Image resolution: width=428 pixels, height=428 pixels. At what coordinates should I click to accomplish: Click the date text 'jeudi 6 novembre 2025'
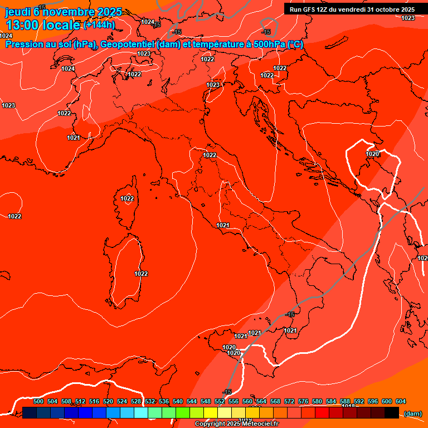click(64, 12)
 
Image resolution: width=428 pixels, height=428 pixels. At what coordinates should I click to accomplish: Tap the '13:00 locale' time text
click(43, 25)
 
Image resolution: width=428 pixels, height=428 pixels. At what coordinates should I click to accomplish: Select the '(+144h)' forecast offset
click(99, 25)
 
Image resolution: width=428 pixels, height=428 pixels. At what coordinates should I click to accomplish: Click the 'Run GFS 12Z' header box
click(352, 9)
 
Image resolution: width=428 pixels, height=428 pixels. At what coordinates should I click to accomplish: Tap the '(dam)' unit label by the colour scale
click(412, 413)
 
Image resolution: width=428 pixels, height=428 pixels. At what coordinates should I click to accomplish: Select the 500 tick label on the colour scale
click(38, 401)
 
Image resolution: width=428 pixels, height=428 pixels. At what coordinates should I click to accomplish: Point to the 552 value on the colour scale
click(220, 401)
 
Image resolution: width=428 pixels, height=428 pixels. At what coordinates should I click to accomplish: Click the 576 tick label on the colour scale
click(303, 401)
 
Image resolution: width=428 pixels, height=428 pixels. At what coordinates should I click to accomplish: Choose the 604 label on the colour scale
click(401, 401)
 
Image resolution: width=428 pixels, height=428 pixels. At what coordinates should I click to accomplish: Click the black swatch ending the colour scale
click(391, 412)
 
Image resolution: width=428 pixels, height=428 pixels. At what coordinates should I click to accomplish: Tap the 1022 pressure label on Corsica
click(127, 198)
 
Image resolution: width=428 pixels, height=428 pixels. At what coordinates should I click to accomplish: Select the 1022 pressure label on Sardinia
click(141, 274)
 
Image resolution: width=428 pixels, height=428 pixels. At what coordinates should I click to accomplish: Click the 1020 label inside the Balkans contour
click(372, 154)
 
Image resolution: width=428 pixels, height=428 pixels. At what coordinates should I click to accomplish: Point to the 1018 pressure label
click(348, 406)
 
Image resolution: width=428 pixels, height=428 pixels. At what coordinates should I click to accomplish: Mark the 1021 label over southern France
click(73, 138)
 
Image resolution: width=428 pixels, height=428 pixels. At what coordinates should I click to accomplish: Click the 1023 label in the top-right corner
click(408, 18)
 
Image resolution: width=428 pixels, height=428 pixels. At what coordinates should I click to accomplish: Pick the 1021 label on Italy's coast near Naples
click(223, 225)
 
